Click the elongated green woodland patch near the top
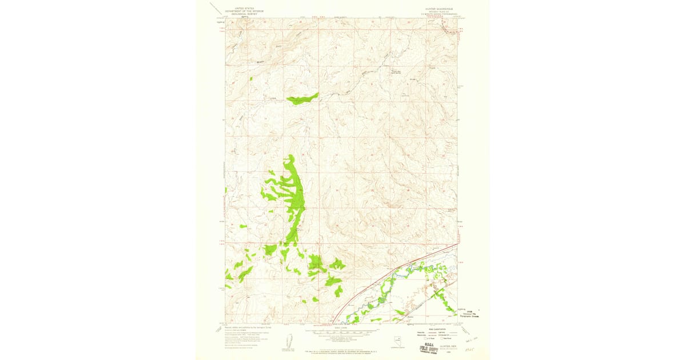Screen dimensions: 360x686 pyautogui.click(x=302, y=99)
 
